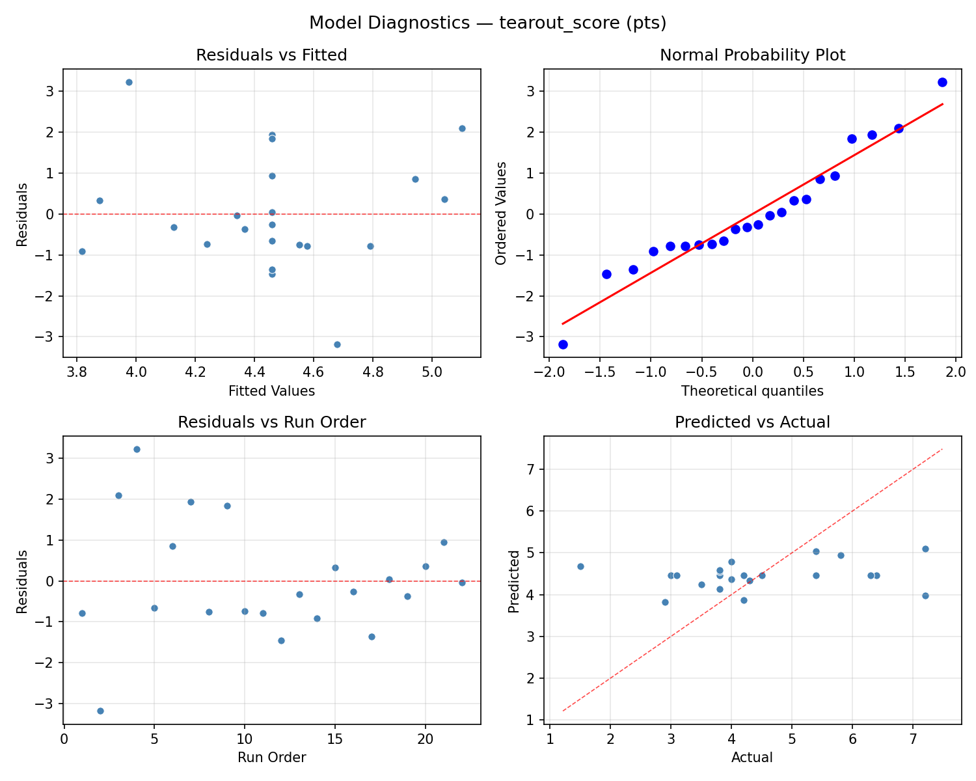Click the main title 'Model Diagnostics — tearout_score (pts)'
tap(487, 23)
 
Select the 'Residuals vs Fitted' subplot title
tap(271, 55)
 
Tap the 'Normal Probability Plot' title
tap(752, 55)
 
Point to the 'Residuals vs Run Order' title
tap(271, 422)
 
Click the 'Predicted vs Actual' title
tap(752, 422)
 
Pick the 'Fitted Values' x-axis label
tap(271, 391)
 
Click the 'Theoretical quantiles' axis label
tap(752, 391)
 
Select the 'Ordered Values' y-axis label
tap(500, 214)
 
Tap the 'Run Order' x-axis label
tap(271, 758)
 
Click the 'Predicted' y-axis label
tap(514, 581)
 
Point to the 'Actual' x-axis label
tap(752, 758)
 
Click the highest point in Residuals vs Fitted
tap(129, 82)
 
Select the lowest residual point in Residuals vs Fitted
tap(337, 344)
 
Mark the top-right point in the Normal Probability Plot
tap(942, 82)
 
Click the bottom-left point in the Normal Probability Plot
tap(563, 344)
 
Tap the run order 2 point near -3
tap(100, 711)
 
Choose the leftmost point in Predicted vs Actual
tap(580, 566)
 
